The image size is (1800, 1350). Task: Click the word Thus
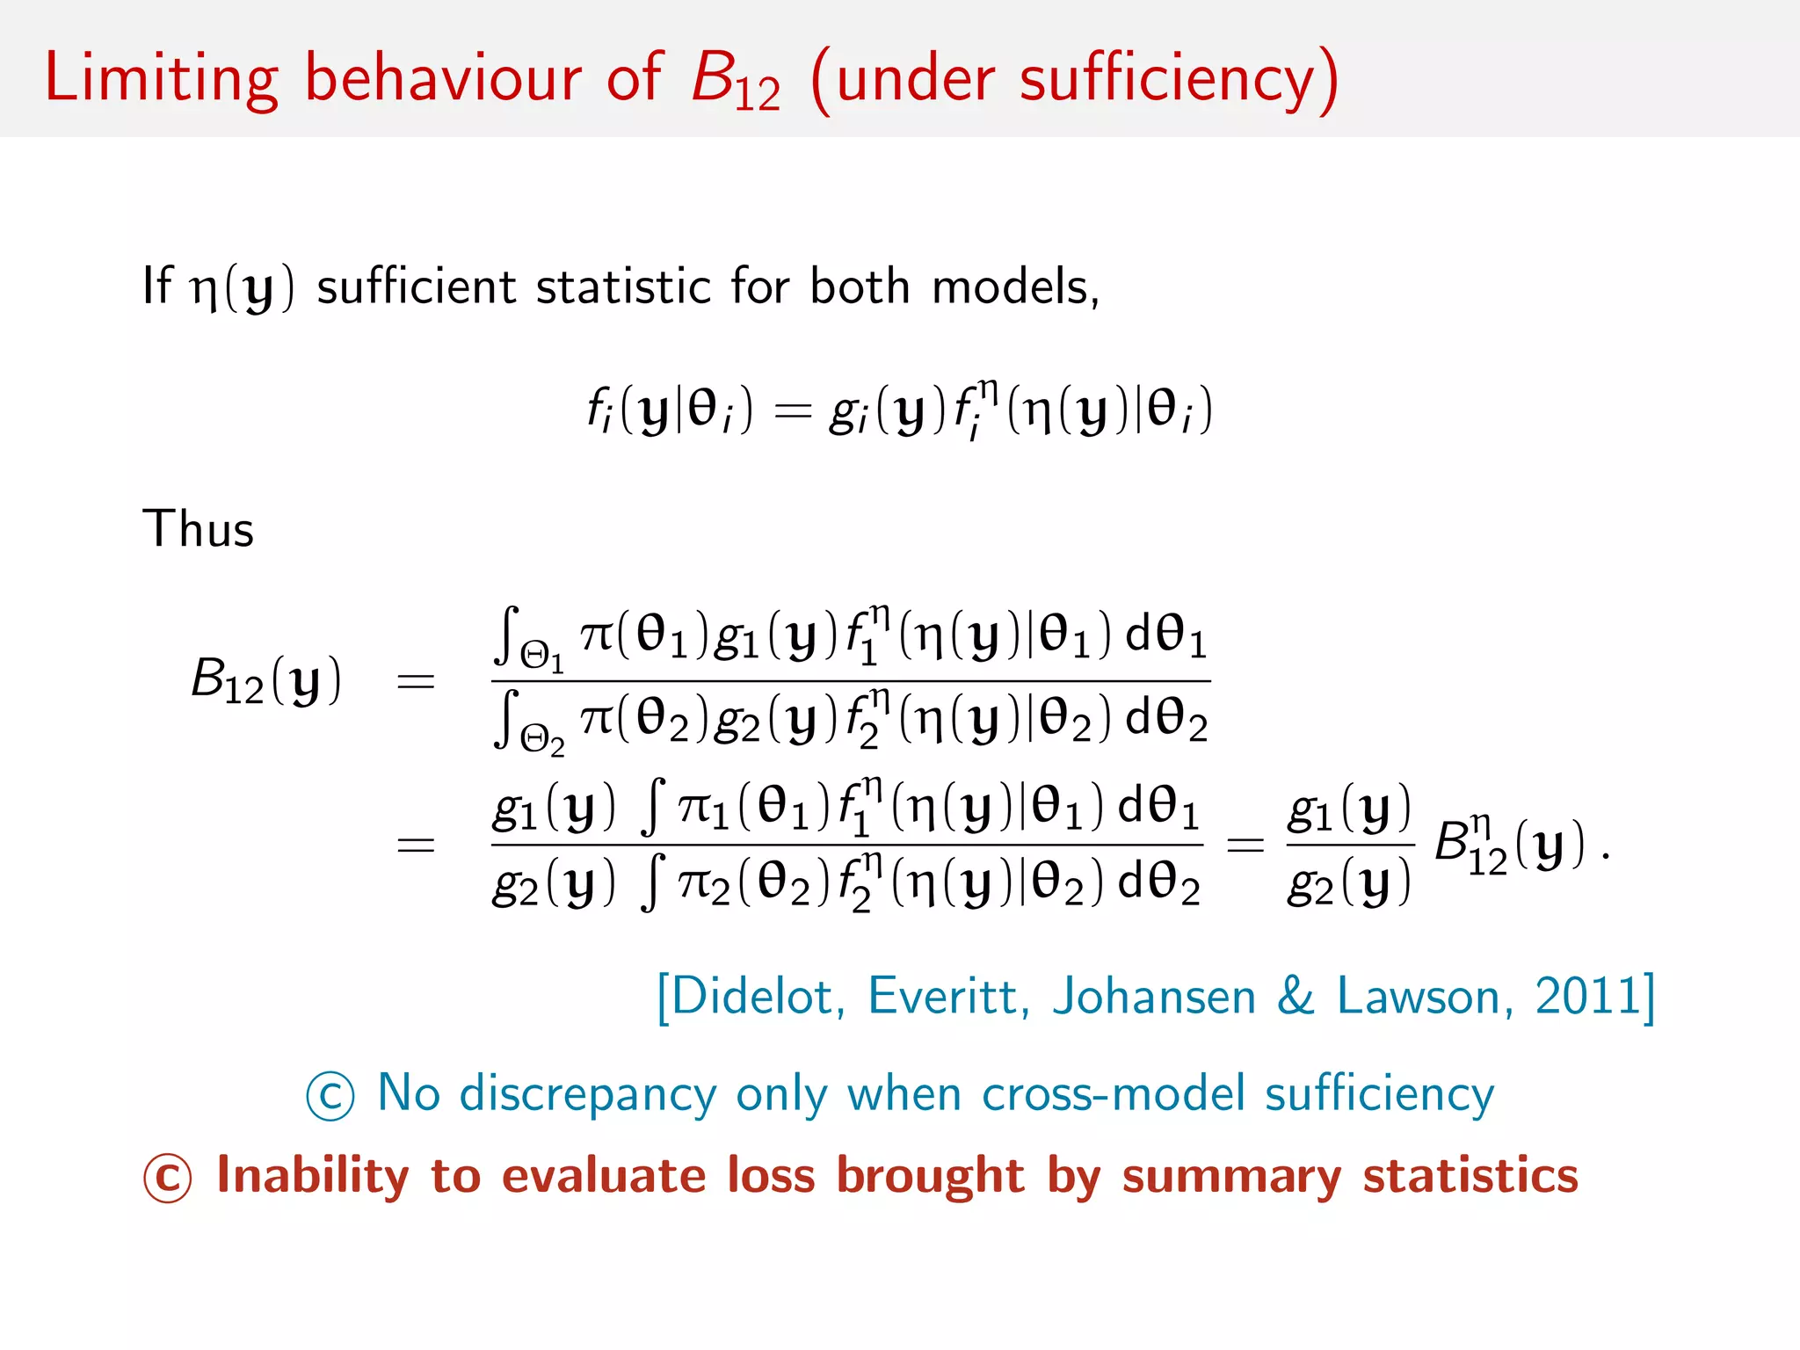(x=198, y=529)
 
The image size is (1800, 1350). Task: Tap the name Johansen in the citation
(x=1153, y=997)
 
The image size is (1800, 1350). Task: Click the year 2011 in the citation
(x=1587, y=997)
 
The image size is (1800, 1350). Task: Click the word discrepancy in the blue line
(x=587, y=1095)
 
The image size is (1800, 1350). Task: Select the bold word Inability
(x=312, y=1175)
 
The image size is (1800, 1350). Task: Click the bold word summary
(x=1231, y=1177)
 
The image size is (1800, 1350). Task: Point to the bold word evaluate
(x=603, y=1175)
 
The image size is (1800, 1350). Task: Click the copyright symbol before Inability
(x=167, y=1178)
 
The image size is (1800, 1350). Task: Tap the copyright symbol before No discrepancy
(x=330, y=1096)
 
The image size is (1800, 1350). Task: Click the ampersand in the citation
(x=1296, y=997)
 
